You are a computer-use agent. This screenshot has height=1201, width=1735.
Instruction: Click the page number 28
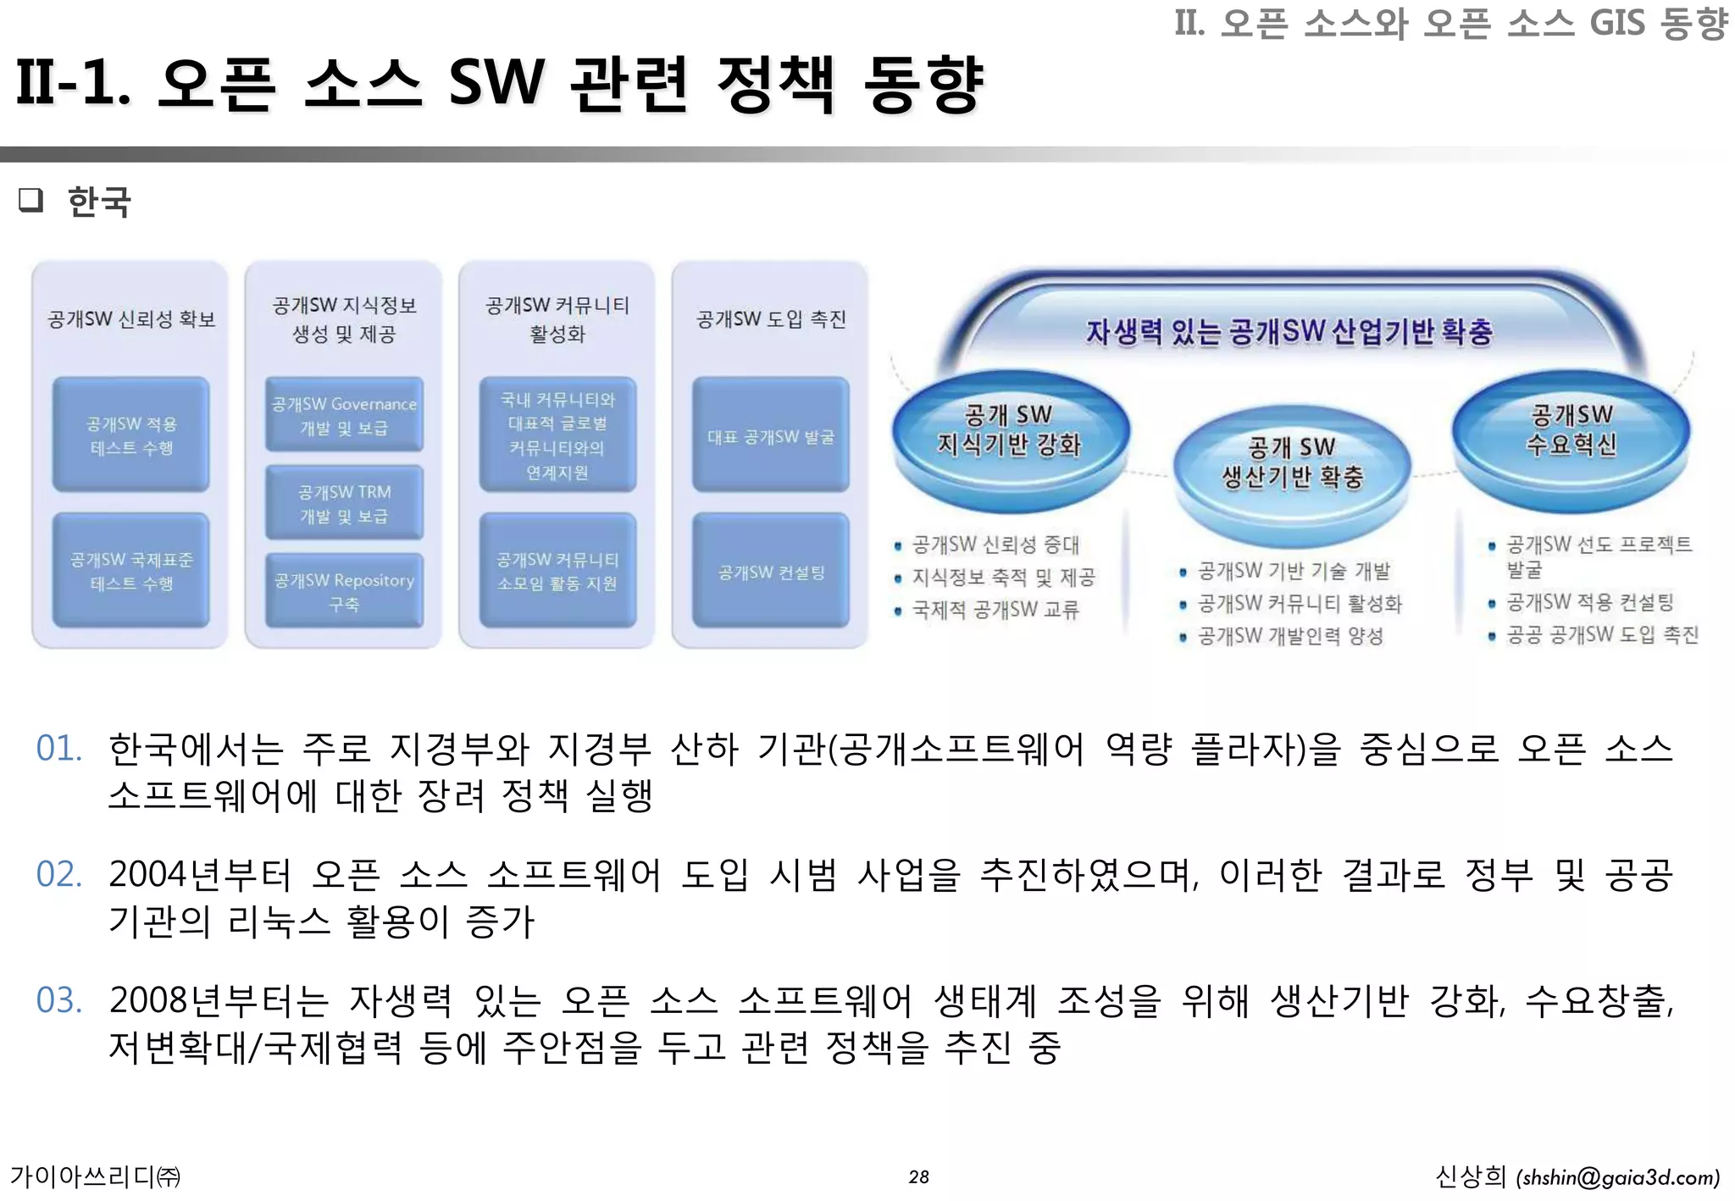(x=918, y=1176)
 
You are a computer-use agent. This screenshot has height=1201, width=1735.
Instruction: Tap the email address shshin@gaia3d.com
(x=1618, y=1177)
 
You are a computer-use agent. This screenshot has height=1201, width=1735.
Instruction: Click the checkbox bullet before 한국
(x=30, y=201)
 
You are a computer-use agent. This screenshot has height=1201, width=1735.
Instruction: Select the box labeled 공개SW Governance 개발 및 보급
(x=344, y=415)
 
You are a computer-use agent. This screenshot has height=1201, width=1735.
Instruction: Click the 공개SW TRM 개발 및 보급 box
(x=344, y=503)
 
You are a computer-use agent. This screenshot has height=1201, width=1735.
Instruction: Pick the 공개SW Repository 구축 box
(x=344, y=591)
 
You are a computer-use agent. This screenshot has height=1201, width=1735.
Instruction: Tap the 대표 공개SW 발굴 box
(x=770, y=436)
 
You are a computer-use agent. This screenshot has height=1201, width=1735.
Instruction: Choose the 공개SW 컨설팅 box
(x=770, y=572)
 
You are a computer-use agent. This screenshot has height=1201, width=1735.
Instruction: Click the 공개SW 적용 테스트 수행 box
(x=131, y=435)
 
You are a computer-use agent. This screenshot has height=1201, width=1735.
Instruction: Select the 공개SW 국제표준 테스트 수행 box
(x=131, y=571)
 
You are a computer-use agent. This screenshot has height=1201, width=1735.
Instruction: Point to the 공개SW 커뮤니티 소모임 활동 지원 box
(x=557, y=571)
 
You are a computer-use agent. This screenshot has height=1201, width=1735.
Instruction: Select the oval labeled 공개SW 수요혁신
(x=1571, y=430)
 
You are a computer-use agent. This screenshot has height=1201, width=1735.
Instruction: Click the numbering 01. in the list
(x=58, y=749)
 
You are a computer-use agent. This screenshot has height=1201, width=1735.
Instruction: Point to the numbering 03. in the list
(x=58, y=1000)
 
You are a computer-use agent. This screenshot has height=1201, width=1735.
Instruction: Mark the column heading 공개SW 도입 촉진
(x=770, y=318)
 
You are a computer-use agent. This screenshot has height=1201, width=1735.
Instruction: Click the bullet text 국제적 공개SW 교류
(x=995, y=610)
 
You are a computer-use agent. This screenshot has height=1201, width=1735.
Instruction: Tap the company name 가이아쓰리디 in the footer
(x=85, y=1176)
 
